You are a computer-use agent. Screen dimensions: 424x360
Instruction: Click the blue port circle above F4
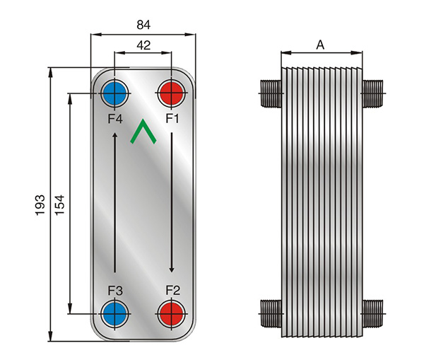(115, 93)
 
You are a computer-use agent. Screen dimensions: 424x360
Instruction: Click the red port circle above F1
(172, 93)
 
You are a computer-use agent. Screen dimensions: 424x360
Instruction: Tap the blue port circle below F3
(115, 314)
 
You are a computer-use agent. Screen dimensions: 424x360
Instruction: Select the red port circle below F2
(172, 314)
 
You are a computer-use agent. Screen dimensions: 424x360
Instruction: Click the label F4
(115, 119)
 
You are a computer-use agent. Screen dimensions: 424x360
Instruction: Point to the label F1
(172, 118)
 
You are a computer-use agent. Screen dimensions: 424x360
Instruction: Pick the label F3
(115, 291)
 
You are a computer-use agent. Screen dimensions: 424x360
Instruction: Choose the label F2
(173, 291)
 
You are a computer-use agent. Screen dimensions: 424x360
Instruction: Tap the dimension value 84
(143, 25)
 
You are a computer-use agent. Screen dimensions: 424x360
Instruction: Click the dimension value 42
(143, 45)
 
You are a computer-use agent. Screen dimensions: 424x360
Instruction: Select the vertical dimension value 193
(40, 205)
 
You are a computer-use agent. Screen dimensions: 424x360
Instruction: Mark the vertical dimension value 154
(60, 205)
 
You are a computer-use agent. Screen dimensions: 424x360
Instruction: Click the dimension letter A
(320, 45)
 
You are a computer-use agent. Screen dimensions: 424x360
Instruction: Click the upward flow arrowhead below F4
(115, 135)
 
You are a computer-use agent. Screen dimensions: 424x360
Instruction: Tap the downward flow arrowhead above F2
(172, 270)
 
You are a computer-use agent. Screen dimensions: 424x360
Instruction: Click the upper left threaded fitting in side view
(271, 93)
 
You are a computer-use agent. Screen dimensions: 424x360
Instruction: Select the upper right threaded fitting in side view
(372, 93)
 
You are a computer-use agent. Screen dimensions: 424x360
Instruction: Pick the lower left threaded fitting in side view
(271, 313)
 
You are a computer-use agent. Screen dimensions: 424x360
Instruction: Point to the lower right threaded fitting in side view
(372, 313)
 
